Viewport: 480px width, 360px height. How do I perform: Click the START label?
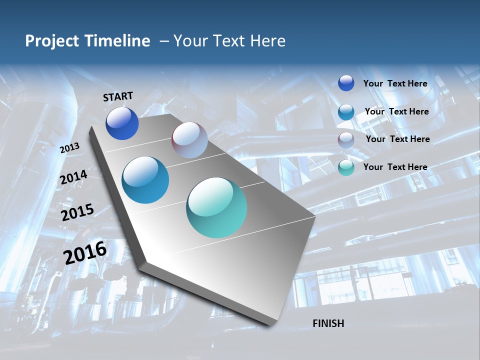(x=118, y=96)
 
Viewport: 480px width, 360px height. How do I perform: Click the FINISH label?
(x=328, y=323)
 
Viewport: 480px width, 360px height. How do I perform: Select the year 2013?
(x=69, y=147)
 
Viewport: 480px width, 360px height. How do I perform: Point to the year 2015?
(x=77, y=212)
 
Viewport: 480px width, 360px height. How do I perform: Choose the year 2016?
(x=85, y=253)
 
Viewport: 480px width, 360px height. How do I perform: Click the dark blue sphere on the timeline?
(x=122, y=123)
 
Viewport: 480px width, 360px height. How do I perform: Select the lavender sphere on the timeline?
(x=189, y=140)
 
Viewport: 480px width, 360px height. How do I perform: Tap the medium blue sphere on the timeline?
(x=145, y=180)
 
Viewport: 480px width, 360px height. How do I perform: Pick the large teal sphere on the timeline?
(x=216, y=207)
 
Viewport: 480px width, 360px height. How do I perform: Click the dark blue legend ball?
(x=346, y=83)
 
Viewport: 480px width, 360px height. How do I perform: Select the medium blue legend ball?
(x=346, y=112)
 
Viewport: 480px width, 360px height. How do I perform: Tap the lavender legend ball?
(x=346, y=140)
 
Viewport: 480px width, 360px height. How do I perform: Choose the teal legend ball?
(x=346, y=167)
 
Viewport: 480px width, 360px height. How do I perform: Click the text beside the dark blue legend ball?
(x=395, y=83)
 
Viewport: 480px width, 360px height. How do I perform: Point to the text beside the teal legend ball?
(x=395, y=167)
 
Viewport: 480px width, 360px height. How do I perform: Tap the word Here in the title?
(x=267, y=40)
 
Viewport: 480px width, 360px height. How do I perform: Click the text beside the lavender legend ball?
(x=397, y=139)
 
